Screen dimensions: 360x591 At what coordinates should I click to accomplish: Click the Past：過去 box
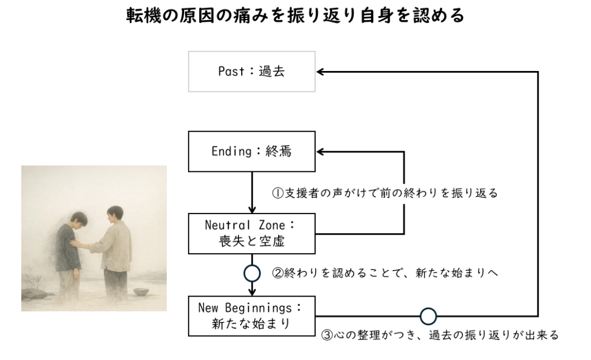click(x=252, y=72)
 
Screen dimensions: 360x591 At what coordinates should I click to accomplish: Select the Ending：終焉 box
click(x=252, y=152)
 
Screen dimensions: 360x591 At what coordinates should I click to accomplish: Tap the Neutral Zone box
click(x=252, y=233)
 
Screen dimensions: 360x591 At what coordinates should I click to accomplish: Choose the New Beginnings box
click(x=252, y=316)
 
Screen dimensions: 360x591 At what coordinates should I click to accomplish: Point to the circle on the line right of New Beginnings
click(x=428, y=316)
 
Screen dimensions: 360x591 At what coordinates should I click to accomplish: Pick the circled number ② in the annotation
click(x=276, y=272)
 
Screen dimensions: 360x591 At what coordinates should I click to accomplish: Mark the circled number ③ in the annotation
click(x=326, y=335)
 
